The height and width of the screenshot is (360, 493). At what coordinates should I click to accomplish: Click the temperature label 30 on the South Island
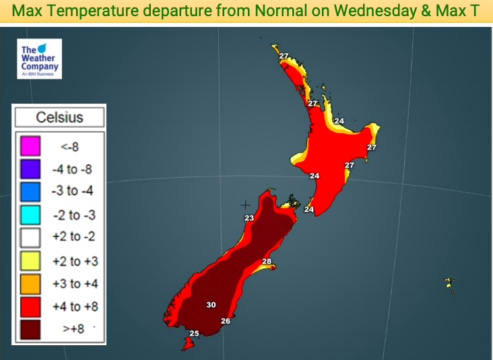click(x=211, y=305)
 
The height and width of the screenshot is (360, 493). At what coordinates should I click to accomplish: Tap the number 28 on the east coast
click(x=267, y=262)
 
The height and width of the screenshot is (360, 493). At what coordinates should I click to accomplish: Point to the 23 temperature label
click(x=249, y=218)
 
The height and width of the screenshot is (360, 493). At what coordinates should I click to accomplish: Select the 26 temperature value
click(x=226, y=321)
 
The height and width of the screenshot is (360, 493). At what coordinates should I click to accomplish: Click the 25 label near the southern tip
click(x=194, y=334)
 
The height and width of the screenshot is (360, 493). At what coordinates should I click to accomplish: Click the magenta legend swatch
click(x=31, y=145)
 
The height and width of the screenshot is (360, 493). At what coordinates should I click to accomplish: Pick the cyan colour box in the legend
click(x=31, y=215)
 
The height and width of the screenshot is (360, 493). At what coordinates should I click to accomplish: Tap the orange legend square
click(x=31, y=284)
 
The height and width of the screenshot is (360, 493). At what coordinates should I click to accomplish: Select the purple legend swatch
click(x=31, y=168)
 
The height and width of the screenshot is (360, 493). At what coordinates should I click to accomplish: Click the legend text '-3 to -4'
click(x=72, y=191)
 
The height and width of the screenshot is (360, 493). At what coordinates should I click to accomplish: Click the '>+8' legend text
click(x=73, y=330)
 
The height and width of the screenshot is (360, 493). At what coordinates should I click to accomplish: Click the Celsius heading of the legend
click(x=59, y=118)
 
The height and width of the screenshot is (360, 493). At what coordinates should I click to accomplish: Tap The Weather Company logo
click(x=40, y=59)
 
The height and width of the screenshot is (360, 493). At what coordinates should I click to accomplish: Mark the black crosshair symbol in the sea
click(x=245, y=204)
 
